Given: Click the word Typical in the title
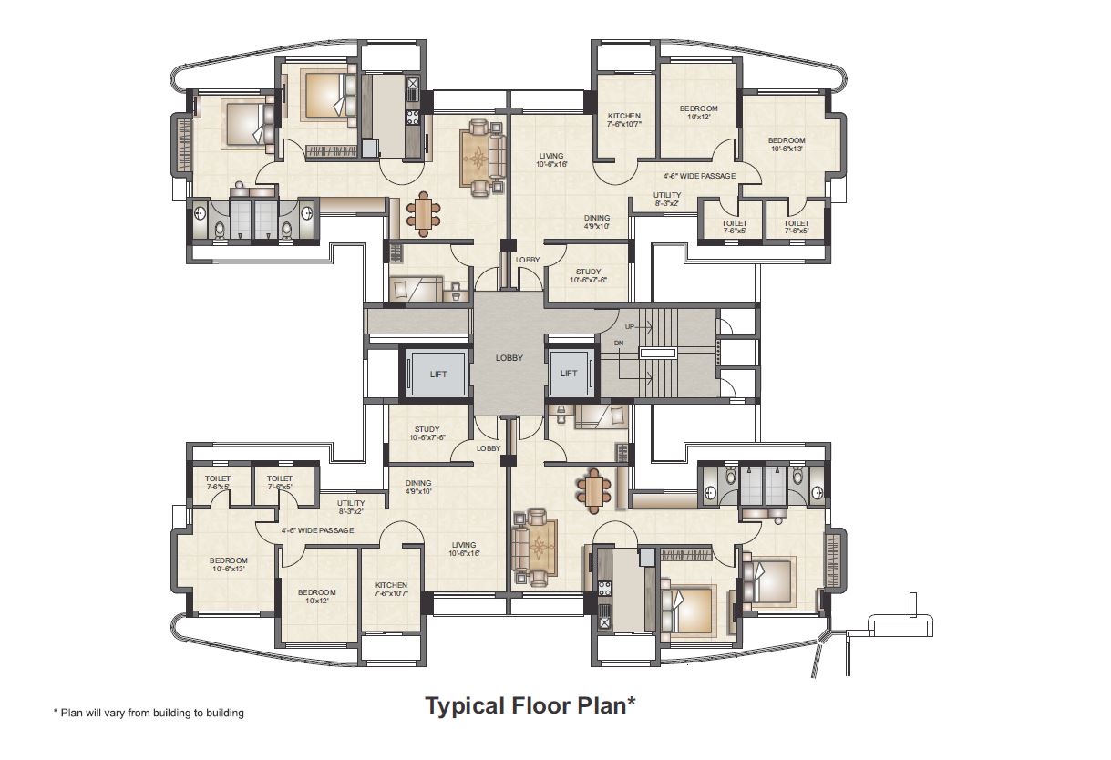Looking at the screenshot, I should [x=463, y=705].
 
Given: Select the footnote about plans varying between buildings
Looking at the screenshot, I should [x=149, y=713].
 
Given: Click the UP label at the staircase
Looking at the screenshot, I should [x=629, y=326].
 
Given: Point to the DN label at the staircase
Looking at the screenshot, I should [x=619, y=343].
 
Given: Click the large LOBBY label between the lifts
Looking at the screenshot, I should [x=509, y=358].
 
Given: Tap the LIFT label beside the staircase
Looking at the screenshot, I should [x=569, y=373].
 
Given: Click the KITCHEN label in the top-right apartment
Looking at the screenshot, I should [x=624, y=116].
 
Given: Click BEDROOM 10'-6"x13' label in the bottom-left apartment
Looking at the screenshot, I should [x=228, y=560].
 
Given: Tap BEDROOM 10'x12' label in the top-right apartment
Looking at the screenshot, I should [x=698, y=109].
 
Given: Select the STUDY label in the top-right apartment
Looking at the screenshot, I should [x=588, y=272].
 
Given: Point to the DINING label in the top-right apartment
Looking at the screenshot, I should [x=597, y=218].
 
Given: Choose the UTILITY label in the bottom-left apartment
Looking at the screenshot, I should [x=351, y=503].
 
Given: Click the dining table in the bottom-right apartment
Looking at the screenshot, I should [x=594, y=493].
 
